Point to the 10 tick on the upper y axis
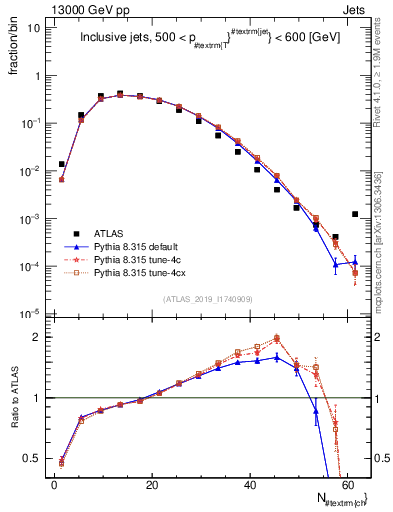click(33, 28)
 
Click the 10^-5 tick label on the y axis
click(29, 314)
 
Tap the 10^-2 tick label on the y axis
click(29, 171)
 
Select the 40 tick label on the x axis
click(249, 483)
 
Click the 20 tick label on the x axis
click(151, 483)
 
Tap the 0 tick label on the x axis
click(54, 483)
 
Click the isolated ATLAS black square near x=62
click(355, 214)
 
